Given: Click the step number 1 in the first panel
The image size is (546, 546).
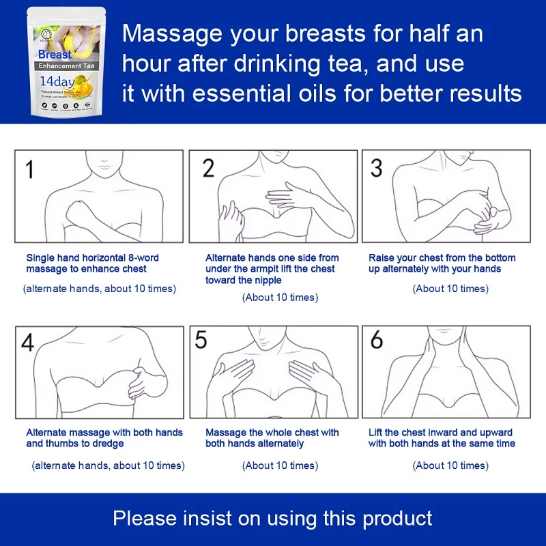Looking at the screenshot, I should tap(29, 169).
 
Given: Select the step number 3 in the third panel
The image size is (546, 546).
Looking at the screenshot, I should tap(376, 168).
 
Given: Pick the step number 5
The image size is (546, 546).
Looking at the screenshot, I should tap(201, 340).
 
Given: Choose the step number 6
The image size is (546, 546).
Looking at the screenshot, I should tap(376, 340).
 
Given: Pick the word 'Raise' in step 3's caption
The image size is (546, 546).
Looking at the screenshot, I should tap(382, 258).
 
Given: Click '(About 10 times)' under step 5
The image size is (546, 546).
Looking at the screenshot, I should tap(280, 465).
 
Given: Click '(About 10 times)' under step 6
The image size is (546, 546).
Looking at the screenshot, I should tap(450, 465).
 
